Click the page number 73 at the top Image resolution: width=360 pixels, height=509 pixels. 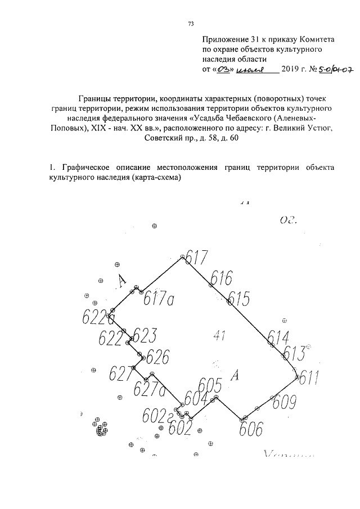(191, 24)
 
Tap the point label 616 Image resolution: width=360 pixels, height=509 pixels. (222, 278)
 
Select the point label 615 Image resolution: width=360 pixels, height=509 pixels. (238, 298)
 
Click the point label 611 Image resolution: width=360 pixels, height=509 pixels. (309, 378)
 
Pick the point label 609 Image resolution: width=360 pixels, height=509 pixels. (283, 402)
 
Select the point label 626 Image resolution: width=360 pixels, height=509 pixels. (157, 357)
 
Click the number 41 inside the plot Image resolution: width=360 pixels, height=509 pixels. (220, 336)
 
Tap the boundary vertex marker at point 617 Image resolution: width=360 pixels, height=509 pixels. (182, 258)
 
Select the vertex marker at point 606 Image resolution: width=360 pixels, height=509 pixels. (243, 419)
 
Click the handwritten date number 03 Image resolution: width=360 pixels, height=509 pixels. (225, 69)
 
